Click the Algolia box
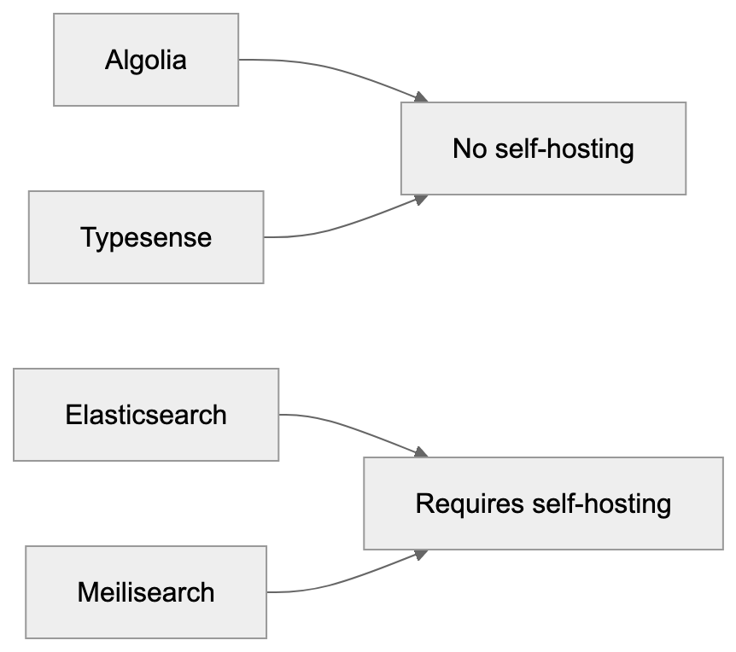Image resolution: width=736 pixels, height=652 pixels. pos(146,60)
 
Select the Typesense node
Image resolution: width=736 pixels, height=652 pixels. pos(146,236)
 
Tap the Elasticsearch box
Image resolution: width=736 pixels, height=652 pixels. pos(146,414)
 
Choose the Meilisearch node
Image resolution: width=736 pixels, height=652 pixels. pos(146,591)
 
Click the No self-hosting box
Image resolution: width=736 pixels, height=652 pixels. pos(543,148)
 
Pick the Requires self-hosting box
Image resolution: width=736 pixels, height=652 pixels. pos(543,503)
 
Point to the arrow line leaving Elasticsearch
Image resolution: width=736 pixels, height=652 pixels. pos(350,427)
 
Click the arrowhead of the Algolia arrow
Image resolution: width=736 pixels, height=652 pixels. pos(421,99)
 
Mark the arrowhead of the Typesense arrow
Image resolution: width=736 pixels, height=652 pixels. pos(421,198)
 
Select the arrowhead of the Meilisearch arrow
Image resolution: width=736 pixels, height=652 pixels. pos(421,553)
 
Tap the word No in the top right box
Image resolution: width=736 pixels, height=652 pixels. pos(469,149)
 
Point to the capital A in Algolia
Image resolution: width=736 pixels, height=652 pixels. pos(113,61)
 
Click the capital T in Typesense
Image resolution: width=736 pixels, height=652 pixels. pos(88,237)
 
